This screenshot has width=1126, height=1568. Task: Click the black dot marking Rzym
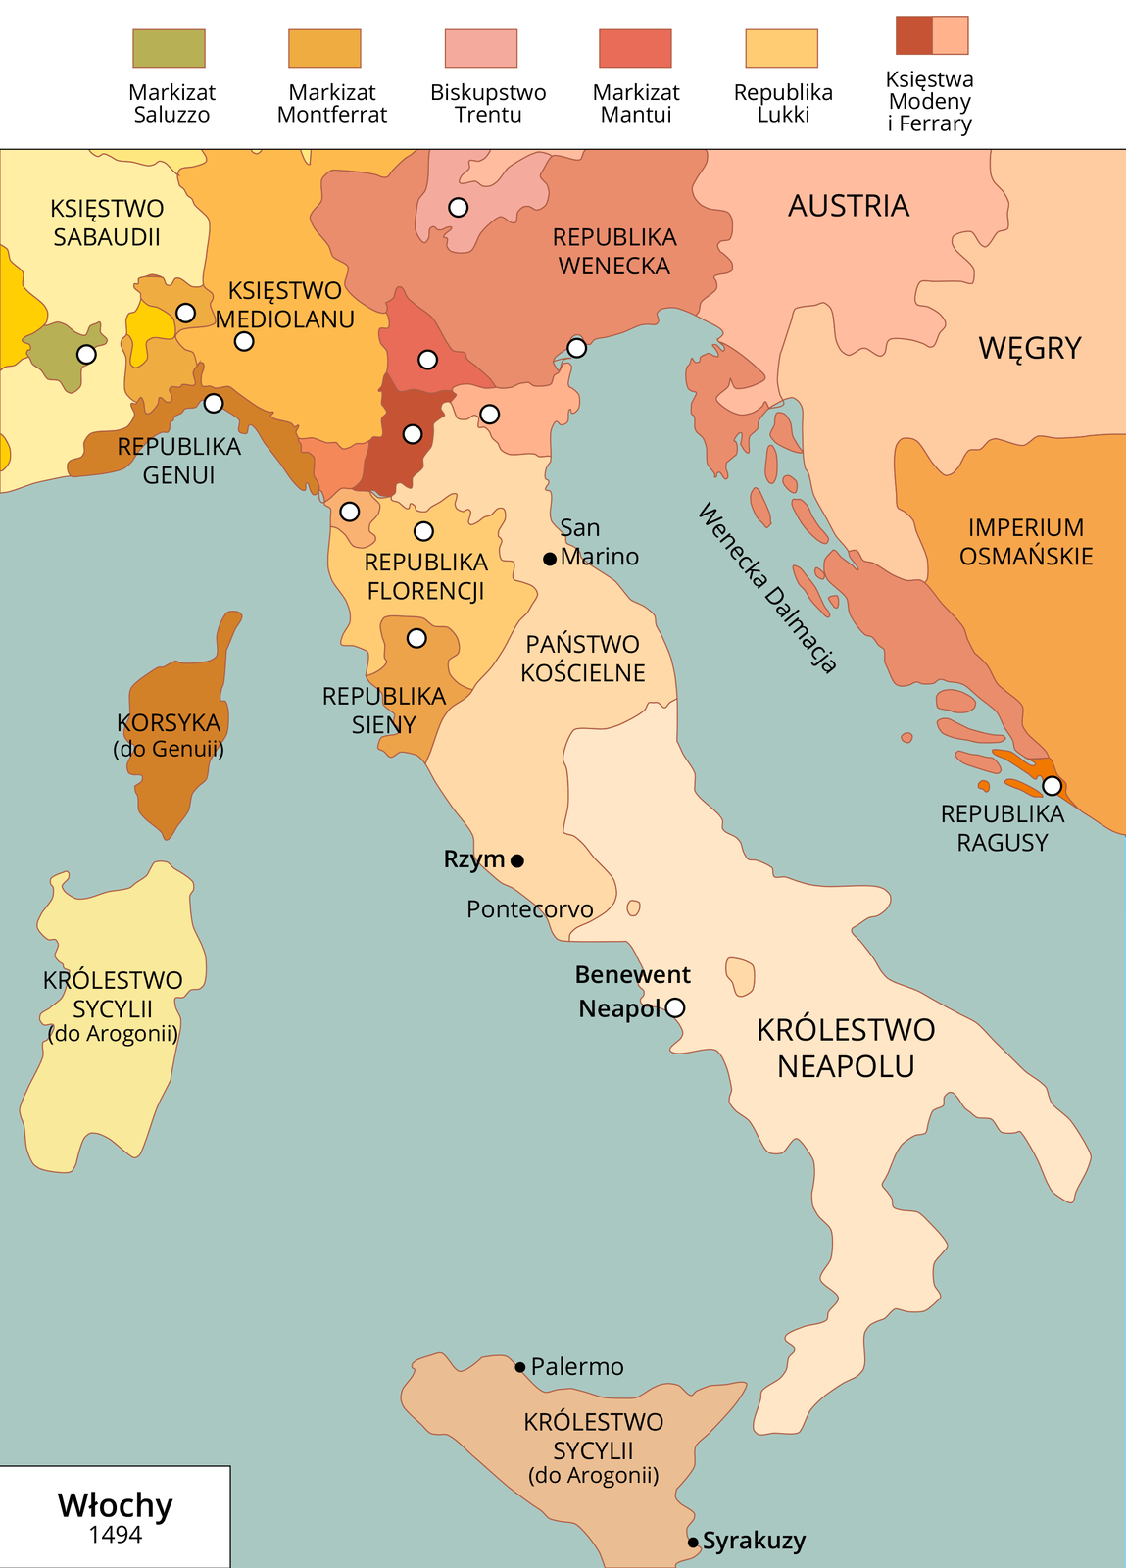click(517, 860)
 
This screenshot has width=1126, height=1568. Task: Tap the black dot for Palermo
click(520, 1366)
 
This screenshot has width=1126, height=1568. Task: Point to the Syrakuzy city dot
click(694, 1542)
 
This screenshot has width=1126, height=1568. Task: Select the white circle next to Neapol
click(675, 1007)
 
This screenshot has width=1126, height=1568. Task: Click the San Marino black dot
click(550, 559)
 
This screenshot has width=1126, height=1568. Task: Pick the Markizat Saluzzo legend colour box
click(169, 48)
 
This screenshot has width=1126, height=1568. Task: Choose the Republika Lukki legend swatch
click(781, 48)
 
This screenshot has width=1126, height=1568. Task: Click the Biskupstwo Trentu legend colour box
click(480, 48)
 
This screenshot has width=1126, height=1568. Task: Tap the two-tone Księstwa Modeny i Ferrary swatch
click(931, 35)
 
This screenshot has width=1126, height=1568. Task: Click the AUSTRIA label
click(849, 206)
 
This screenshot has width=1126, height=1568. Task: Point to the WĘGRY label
click(1030, 348)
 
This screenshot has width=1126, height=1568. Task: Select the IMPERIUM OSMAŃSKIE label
click(1025, 542)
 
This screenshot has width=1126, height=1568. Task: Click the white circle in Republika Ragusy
click(1052, 785)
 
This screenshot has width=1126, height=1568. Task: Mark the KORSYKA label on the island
click(169, 723)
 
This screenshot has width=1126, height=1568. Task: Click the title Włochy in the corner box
click(115, 1505)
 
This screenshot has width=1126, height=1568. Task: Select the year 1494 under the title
click(115, 1535)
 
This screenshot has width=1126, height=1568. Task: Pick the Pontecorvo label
click(529, 909)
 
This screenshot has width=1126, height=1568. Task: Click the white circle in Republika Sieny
click(416, 638)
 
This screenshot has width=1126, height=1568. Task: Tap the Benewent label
click(632, 975)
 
